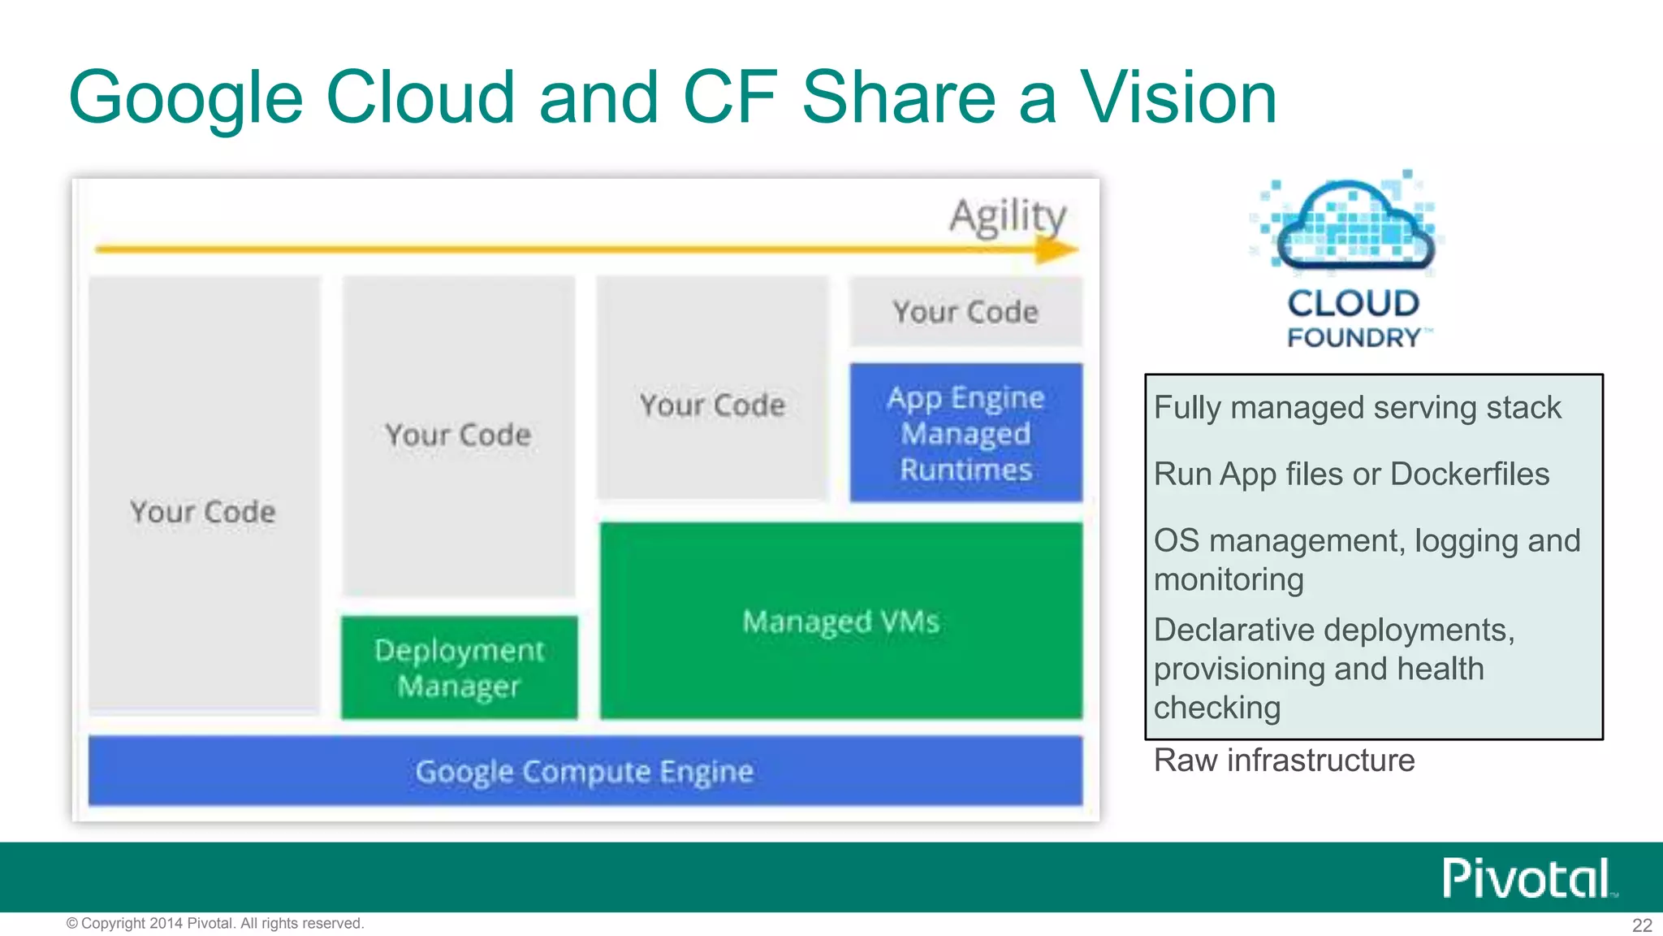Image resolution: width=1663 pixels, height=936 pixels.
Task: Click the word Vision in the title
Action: [1177, 97]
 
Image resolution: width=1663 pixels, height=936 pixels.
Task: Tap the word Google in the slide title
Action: [186, 99]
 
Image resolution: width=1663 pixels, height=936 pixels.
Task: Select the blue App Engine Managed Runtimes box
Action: [965, 433]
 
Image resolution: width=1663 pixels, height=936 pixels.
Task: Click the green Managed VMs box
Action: [840, 622]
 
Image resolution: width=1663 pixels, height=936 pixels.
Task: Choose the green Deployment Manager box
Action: [459, 668]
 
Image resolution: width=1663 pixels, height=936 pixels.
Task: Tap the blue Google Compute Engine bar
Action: [585, 771]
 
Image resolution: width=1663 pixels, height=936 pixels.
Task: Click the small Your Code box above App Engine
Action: [965, 312]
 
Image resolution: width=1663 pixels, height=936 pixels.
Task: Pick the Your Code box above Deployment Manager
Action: [458, 435]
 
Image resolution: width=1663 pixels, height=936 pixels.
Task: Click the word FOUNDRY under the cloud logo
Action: [1354, 338]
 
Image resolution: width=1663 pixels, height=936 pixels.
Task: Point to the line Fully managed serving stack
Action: [1356, 408]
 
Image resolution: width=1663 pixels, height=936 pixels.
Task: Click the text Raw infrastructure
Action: [1284, 760]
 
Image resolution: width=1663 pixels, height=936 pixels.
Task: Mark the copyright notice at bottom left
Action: [215, 924]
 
